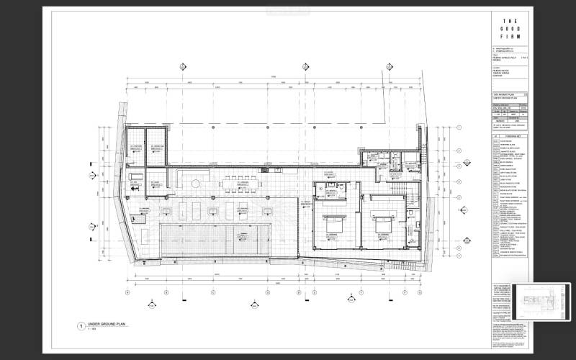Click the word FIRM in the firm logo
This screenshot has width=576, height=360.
coord(507,37)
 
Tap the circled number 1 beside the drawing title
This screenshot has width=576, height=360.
coord(81,327)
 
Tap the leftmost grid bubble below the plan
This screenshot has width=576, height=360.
coord(127,292)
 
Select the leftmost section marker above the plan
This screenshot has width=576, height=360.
coord(184,66)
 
